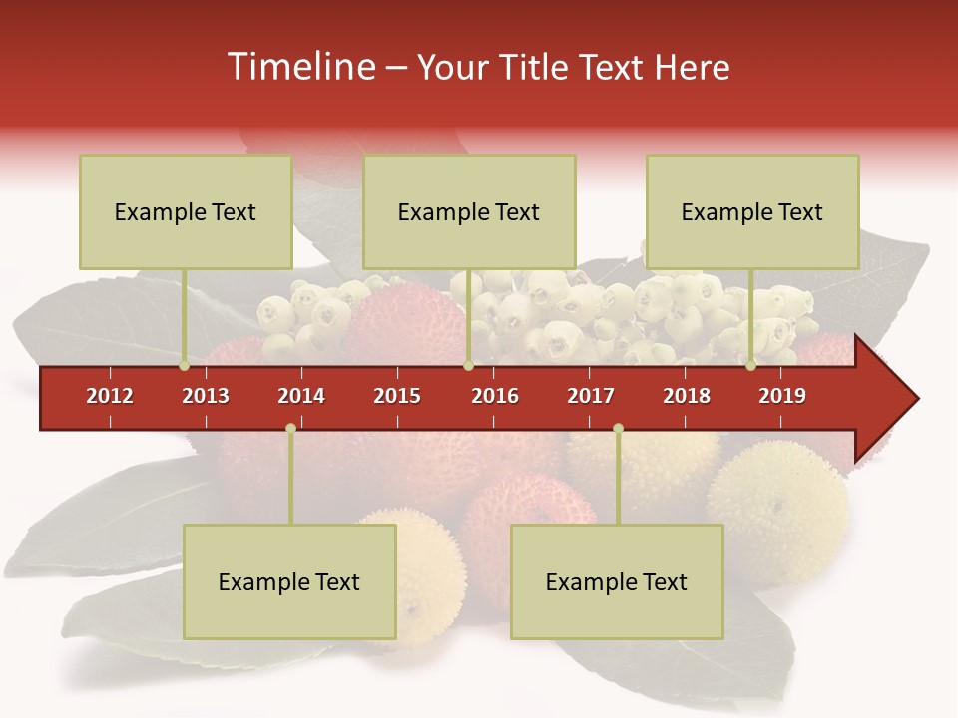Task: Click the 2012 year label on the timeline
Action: [x=110, y=396]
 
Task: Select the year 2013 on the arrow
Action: [x=206, y=396]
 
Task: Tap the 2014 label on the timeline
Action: [x=301, y=396]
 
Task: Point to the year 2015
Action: [x=397, y=396]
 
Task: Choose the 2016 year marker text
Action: [x=495, y=396]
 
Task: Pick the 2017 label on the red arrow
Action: [x=591, y=396]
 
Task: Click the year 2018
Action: [x=687, y=396]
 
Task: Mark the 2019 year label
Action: [x=782, y=396]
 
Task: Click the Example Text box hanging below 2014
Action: [x=289, y=581]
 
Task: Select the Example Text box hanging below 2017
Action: [x=617, y=581]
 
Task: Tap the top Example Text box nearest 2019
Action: [x=752, y=211]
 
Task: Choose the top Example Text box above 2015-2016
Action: [x=469, y=211]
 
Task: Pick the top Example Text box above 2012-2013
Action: [x=186, y=211]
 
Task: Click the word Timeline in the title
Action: [x=300, y=67]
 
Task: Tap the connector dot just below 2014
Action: [x=290, y=429]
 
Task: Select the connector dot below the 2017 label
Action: [x=618, y=429]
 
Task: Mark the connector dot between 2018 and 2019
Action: [x=750, y=366]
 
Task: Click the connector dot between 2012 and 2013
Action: [x=185, y=366]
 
